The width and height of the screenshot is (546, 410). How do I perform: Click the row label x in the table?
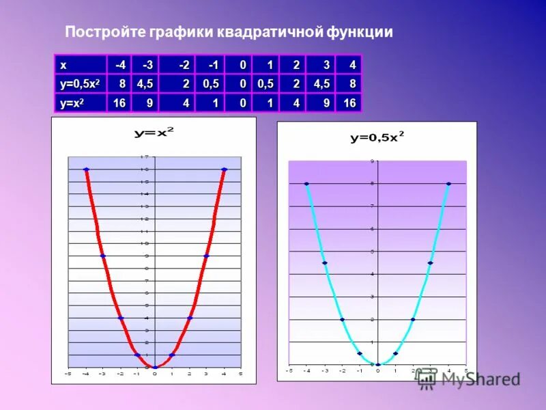click(x=63, y=66)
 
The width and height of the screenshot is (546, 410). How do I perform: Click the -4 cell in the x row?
click(x=120, y=66)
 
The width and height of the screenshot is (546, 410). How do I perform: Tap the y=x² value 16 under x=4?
click(x=349, y=102)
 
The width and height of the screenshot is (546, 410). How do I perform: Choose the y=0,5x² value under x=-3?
click(x=145, y=84)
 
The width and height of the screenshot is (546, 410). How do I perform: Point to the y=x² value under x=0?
click(x=242, y=102)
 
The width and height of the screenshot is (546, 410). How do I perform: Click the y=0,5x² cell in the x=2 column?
click(x=296, y=84)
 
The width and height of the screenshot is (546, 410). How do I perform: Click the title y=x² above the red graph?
click(x=154, y=133)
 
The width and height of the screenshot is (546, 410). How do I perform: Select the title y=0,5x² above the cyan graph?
click(x=377, y=137)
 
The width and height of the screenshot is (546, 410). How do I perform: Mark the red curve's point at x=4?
click(x=224, y=169)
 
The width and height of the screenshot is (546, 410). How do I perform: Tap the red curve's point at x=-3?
click(x=103, y=256)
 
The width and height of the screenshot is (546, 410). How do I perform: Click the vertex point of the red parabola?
click(x=155, y=368)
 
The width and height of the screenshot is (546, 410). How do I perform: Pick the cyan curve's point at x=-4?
click(x=306, y=184)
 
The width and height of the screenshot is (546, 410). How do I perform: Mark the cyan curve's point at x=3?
click(x=431, y=263)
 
